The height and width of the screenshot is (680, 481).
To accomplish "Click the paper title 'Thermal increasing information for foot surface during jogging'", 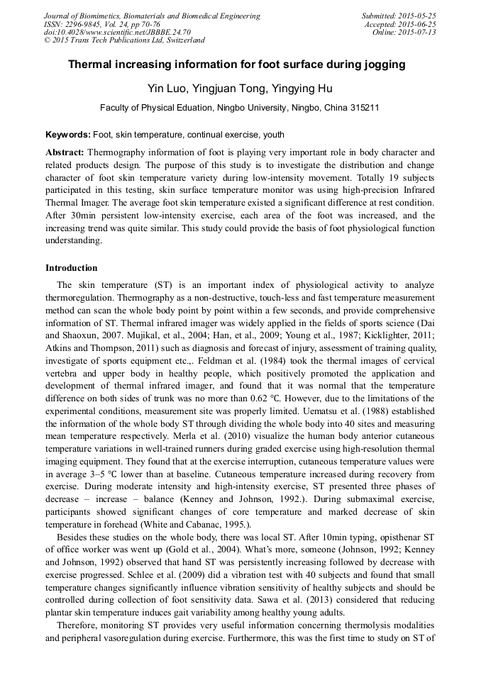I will [x=236, y=65].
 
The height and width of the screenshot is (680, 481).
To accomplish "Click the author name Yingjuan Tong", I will [x=228, y=89].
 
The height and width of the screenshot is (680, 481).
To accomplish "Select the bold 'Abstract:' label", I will [x=65, y=152].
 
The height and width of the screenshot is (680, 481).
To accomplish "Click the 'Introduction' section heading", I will [x=72, y=268].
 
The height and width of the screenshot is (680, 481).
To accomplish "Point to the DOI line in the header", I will [x=117, y=33].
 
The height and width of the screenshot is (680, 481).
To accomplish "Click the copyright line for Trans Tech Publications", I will [x=124, y=41].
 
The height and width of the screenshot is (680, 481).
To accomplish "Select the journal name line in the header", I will [x=152, y=16].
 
